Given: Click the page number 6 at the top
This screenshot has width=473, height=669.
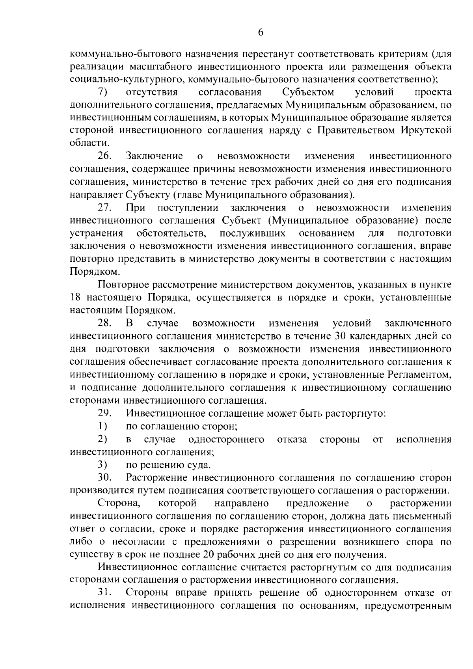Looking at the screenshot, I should (x=261, y=33).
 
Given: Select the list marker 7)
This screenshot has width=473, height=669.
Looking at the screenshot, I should (x=103, y=93).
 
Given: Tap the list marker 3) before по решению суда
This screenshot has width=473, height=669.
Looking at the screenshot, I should (x=103, y=465).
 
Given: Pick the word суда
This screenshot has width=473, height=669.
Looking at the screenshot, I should (x=199, y=465).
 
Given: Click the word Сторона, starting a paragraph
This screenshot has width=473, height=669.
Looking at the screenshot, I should (x=119, y=503).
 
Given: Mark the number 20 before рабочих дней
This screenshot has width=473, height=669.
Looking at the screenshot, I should (x=209, y=555).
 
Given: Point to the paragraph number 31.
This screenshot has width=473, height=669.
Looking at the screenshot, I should (x=104, y=593).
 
